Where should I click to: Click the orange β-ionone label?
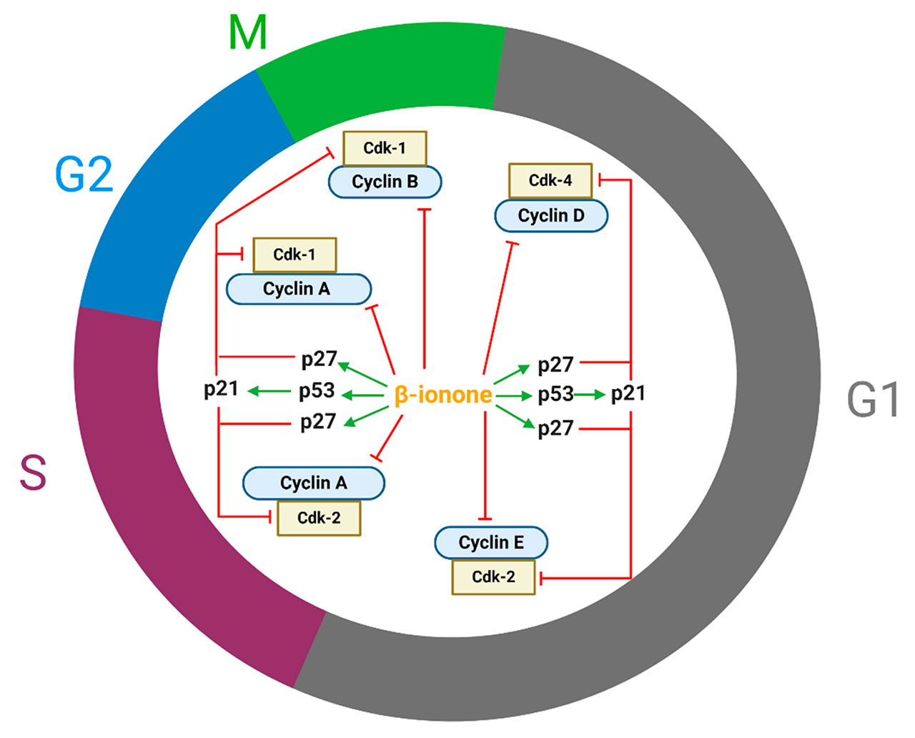coord(442,395)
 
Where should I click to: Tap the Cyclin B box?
coord(385,182)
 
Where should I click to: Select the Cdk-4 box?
coord(550,180)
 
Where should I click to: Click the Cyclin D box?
coord(550,215)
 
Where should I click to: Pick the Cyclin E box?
coord(491,543)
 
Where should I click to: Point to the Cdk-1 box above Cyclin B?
coord(385,148)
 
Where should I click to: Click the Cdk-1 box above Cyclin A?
coord(295,255)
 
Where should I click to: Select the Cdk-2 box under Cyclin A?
coord(319,518)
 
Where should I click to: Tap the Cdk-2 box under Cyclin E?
coord(493,577)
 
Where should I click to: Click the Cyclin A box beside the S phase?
coord(314,483)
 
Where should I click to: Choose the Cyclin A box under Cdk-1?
coord(298,289)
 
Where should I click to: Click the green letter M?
coord(247,33)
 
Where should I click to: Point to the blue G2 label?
coord(84,174)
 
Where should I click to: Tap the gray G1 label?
coord(873,399)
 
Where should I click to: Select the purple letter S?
coord(33,473)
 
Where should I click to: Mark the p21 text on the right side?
coord(628,393)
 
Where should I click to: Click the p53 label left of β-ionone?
coord(317,390)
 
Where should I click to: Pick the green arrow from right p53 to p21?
coord(590,394)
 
